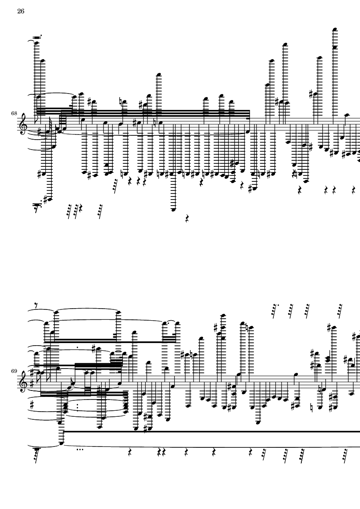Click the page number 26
(21, 11)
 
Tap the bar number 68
(14, 113)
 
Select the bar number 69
(14, 371)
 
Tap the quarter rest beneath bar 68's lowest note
(187, 219)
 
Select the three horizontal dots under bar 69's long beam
(79, 450)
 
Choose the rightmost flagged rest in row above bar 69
(340, 310)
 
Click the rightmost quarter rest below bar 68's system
(354, 190)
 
